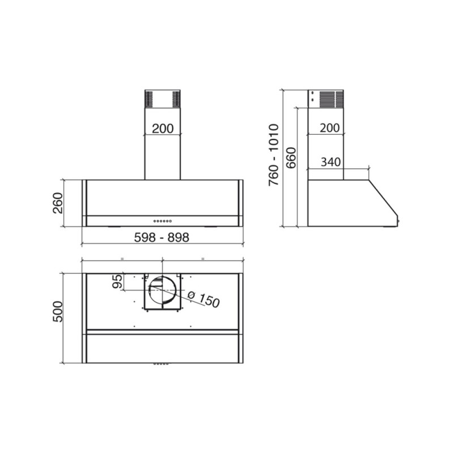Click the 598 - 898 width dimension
[x=162, y=238]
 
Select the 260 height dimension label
[x=58, y=203]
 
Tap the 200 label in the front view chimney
[x=163, y=129]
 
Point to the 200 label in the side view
[x=330, y=128]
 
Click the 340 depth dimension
[x=331, y=163]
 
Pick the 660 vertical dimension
[x=291, y=158]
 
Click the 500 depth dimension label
[x=58, y=310]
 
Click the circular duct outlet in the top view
[x=163, y=292]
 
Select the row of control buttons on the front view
[x=163, y=221]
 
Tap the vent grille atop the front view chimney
[x=163, y=99]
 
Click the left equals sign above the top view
[x=122, y=258]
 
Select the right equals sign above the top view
[x=203, y=258]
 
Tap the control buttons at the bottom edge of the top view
[x=161, y=364]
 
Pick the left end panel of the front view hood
[x=84, y=203]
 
